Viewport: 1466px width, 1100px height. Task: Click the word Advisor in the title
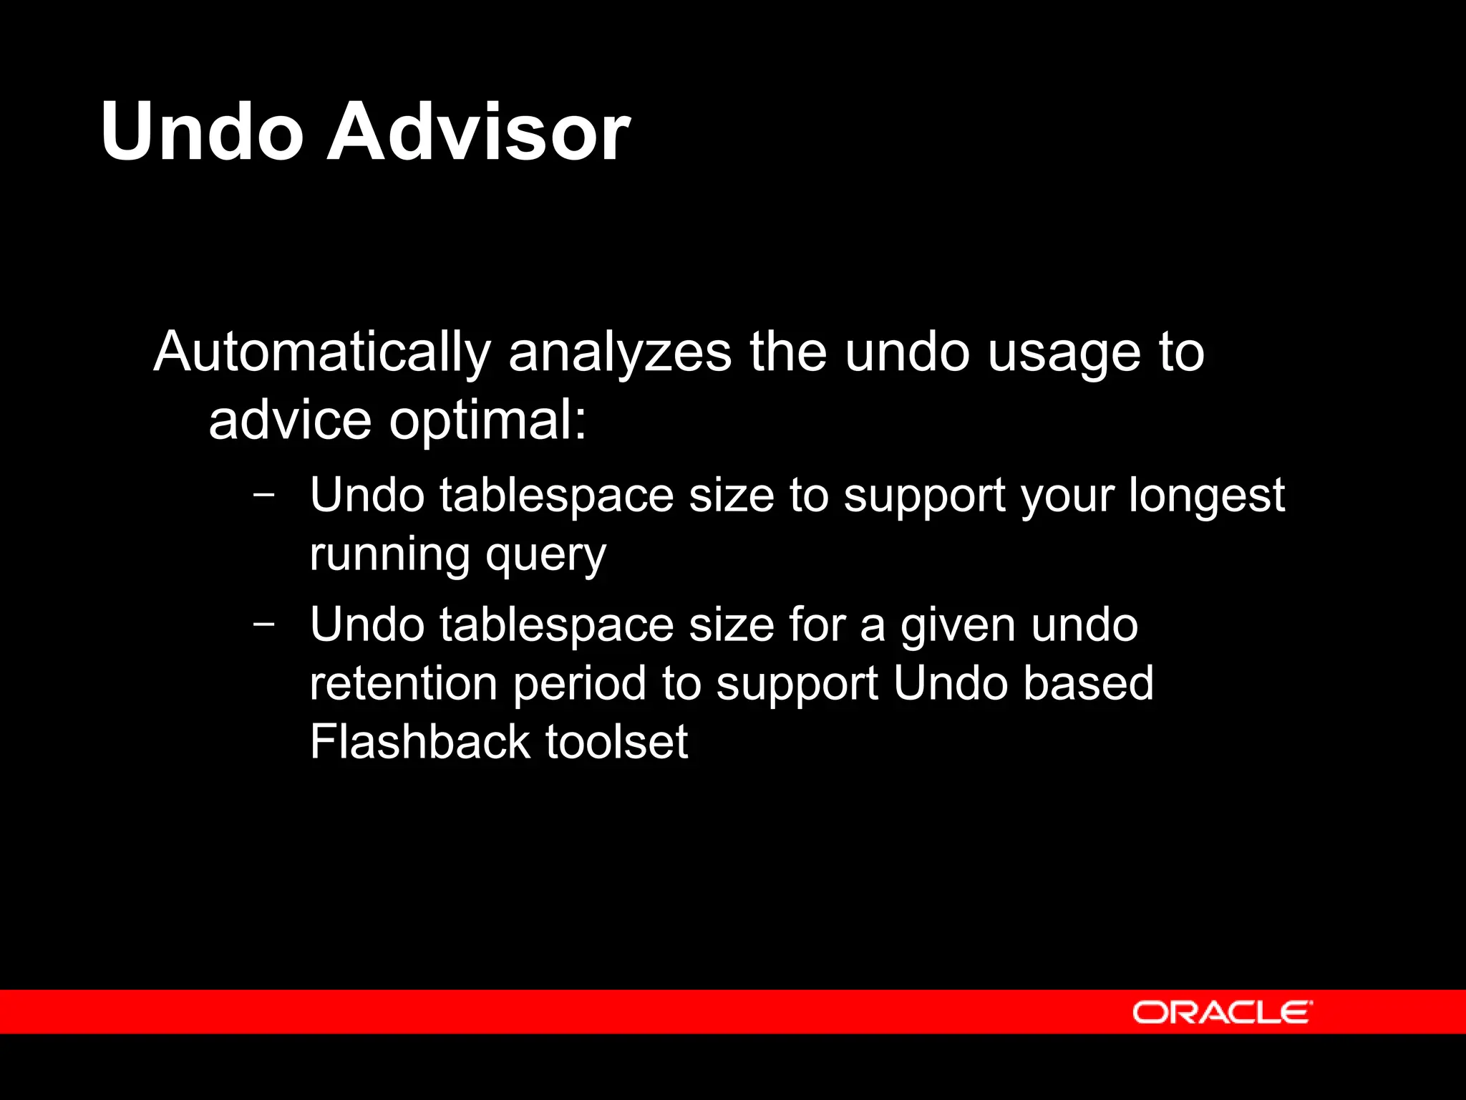[x=478, y=132]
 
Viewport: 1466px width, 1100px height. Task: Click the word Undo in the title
[x=203, y=132]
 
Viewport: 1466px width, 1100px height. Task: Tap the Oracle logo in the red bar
[x=1222, y=1013]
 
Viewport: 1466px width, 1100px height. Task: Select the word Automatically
[x=321, y=352]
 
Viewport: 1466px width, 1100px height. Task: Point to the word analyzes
[x=620, y=352]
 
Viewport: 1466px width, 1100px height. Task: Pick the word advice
[x=290, y=420]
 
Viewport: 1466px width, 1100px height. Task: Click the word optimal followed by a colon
[x=487, y=422]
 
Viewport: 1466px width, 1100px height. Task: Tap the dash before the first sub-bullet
[x=264, y=495]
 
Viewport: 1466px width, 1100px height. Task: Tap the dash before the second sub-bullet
[x=264, y=624]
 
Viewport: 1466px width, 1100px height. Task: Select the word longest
[x=1207, y=497]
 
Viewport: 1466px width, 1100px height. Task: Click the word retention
[x=403, y=683]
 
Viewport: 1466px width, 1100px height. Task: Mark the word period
[x=580, y=685]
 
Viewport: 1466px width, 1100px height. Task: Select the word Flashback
[x=419, y=742]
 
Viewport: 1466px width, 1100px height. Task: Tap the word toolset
[x=616, y=742]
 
